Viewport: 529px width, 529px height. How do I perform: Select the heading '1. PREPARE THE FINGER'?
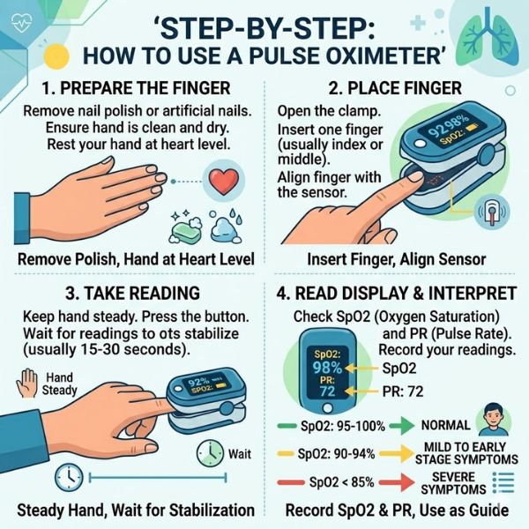138,89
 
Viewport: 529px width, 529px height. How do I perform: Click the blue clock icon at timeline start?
67,478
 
